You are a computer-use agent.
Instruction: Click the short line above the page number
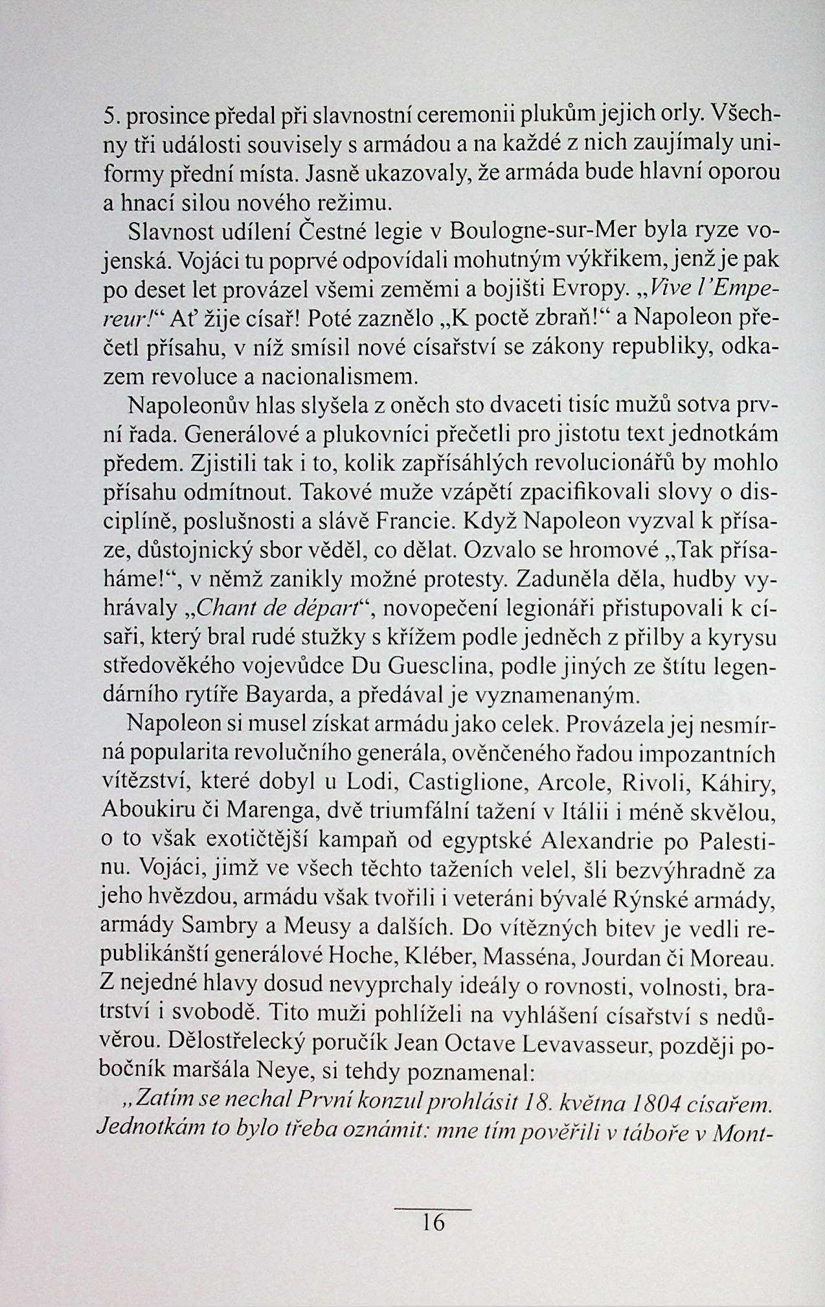click(x=433, y=1209)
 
